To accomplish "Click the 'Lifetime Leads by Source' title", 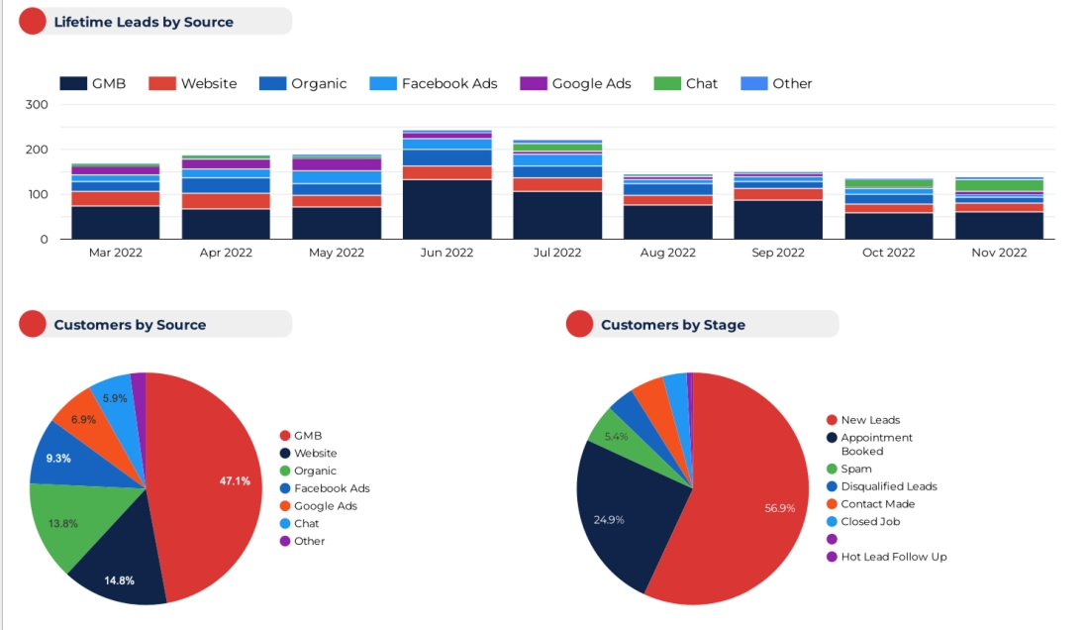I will [144, 22].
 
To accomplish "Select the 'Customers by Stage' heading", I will [672, 325].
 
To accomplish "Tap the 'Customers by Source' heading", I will [130, 325].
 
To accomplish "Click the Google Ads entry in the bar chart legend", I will [591, 84].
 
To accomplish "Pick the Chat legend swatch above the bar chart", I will [667, 84].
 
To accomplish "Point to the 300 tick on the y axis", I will [37, 105].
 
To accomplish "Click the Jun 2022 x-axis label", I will [446, 253].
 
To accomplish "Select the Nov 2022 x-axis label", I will [999, 253].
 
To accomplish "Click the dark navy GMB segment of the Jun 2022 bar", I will [446, 209].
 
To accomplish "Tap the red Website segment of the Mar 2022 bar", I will [115, 198].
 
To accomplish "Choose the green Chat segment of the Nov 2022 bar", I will [999, 186].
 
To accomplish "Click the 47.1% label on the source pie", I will [235, 481].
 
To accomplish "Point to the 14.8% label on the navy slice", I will [120, 580].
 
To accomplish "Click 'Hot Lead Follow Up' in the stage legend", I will [893, 557].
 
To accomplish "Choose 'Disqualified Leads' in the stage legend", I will [888, 486].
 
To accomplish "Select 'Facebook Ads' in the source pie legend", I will [332, 488].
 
